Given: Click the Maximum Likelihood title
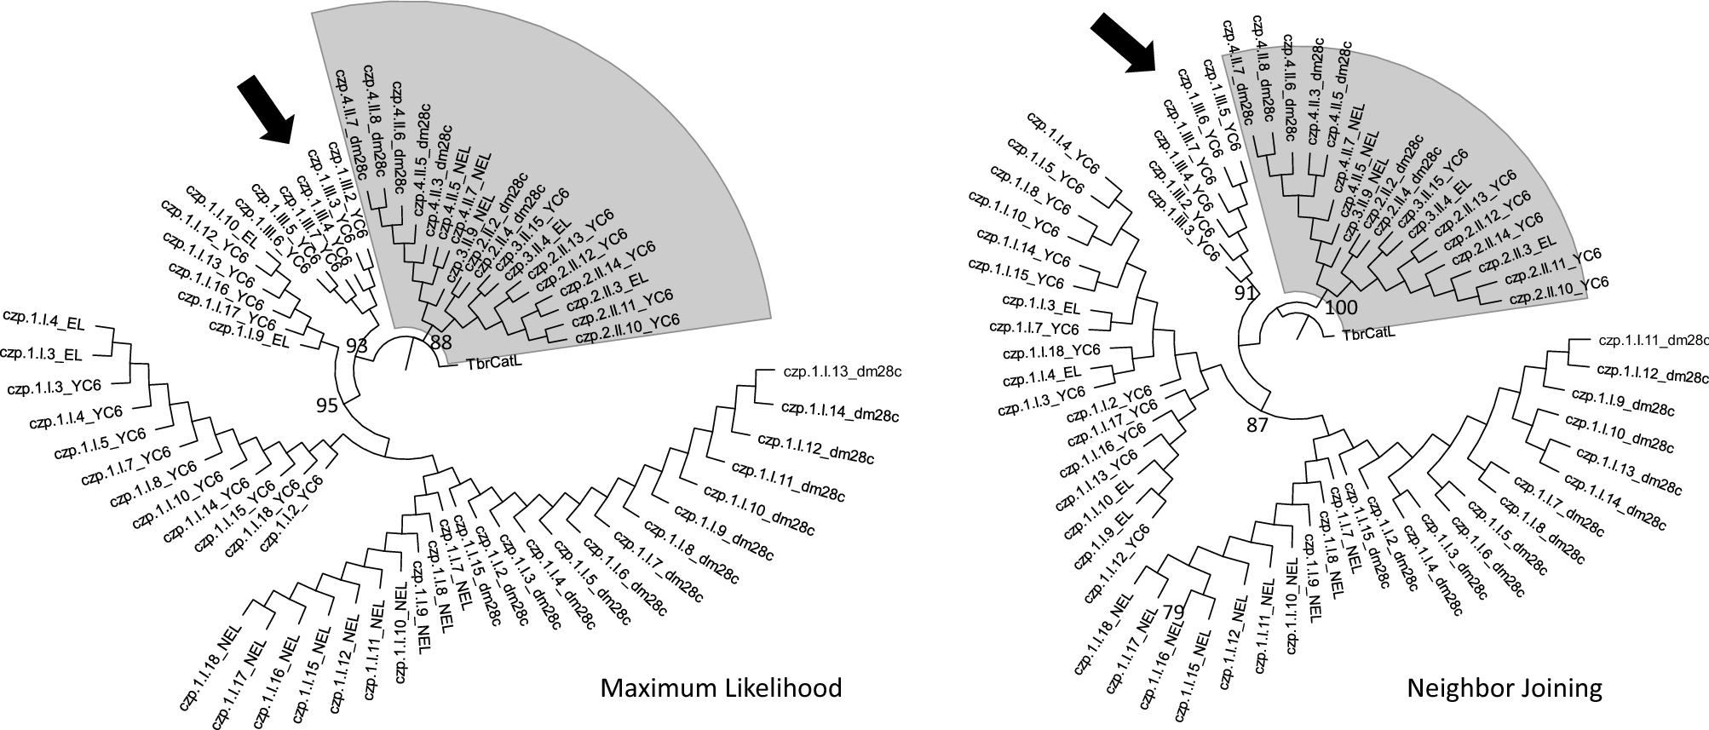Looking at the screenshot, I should tap(721, 688).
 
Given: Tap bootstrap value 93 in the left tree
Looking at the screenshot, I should tap(357, 345).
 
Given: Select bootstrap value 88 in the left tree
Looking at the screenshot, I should tap(440, 343).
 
